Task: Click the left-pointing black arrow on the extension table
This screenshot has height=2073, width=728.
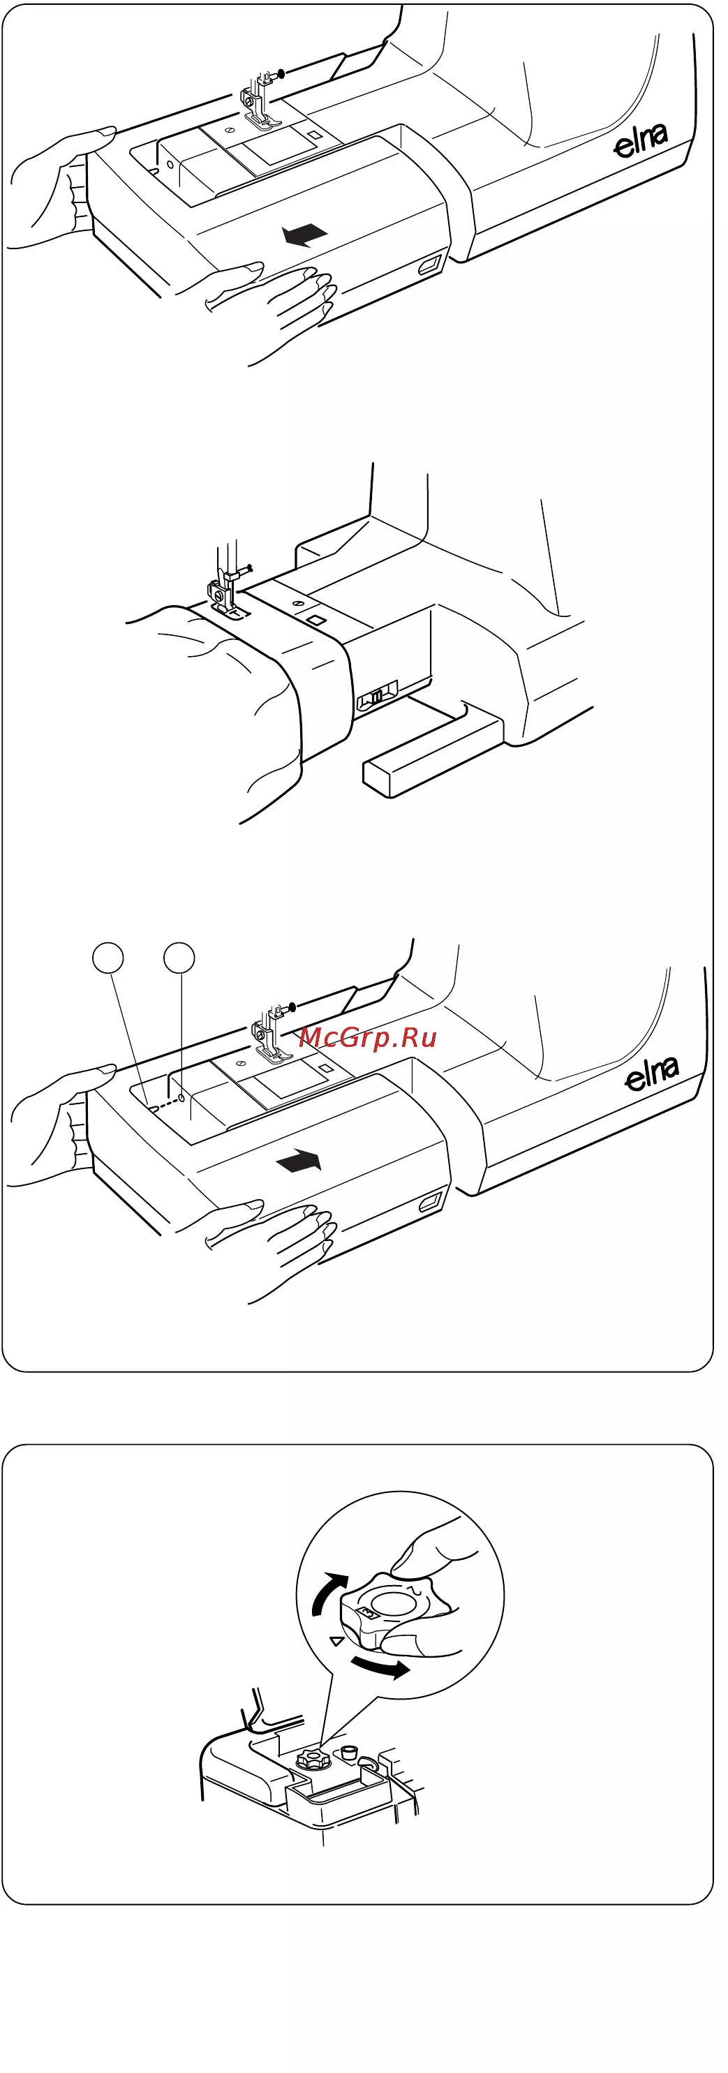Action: click(x=304, y=235)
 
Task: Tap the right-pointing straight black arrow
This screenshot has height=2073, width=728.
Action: click(x=299, y=1161)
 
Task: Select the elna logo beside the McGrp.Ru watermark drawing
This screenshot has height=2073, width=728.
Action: click(x=652, y=1073)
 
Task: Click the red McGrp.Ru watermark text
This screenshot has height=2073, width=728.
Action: click(x=368, y=1038)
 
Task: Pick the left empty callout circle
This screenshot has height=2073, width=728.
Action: click(x=109, y=958)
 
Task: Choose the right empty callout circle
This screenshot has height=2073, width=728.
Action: click(x=179, y=958)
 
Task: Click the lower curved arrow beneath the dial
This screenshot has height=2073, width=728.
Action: click(x=381, y=1667)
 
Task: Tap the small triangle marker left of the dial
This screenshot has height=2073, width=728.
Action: click(x=338, y=1641)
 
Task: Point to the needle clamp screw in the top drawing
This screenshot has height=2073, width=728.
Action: click(x=280, y=74)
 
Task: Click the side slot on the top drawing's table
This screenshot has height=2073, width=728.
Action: click(x=429, y=265)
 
